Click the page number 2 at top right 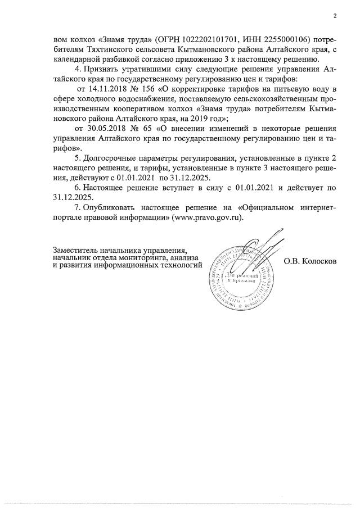pos(334,16)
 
